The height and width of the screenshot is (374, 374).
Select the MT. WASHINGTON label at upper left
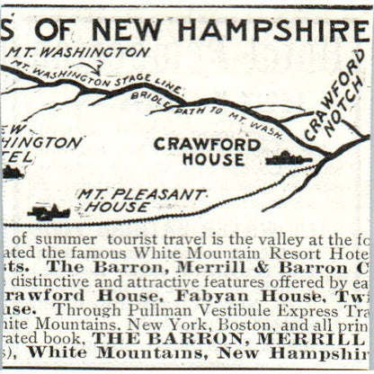(79, 53)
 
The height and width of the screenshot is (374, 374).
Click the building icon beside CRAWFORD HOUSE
(289, 158)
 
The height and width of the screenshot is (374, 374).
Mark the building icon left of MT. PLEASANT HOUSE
(49, 212)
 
